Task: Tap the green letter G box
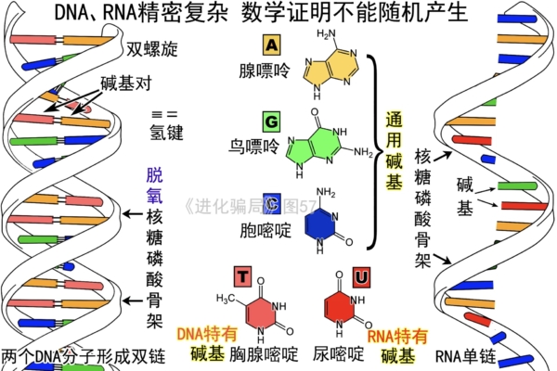click(x=271, y=122)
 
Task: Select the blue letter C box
click(x=271, y=203)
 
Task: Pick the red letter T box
click(x=242, y=275)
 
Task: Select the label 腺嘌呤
click(x=265, y=70)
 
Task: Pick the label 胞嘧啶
click(x=265, y=227)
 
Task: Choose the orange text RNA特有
click(x=398, y=336)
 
